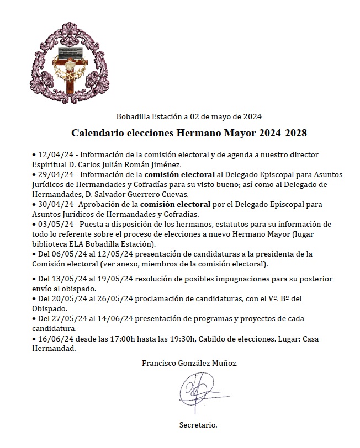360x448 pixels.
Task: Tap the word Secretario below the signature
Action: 199,425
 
